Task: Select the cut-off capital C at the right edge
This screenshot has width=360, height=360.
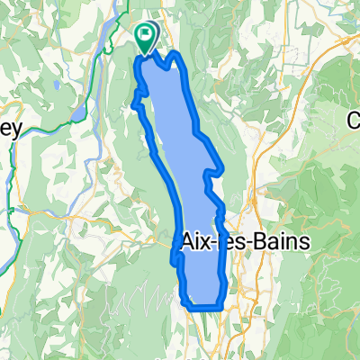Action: pos(355,119)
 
